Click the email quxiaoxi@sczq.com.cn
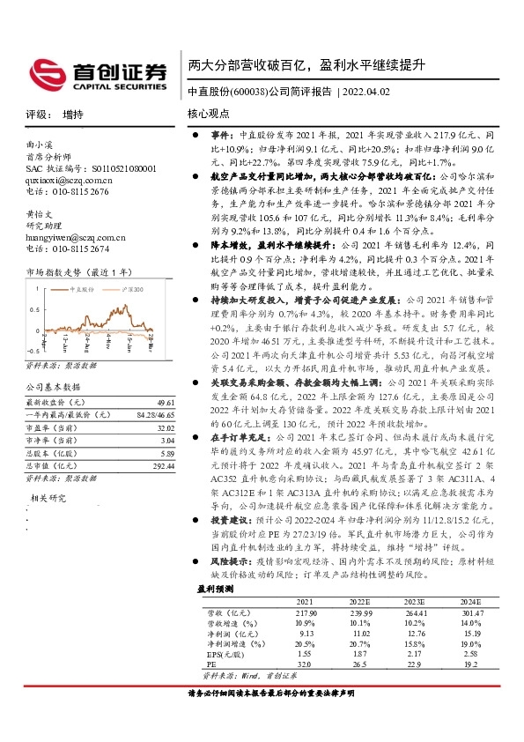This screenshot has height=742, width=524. pos(70,179)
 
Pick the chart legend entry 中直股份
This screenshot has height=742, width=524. pos(88,288)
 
